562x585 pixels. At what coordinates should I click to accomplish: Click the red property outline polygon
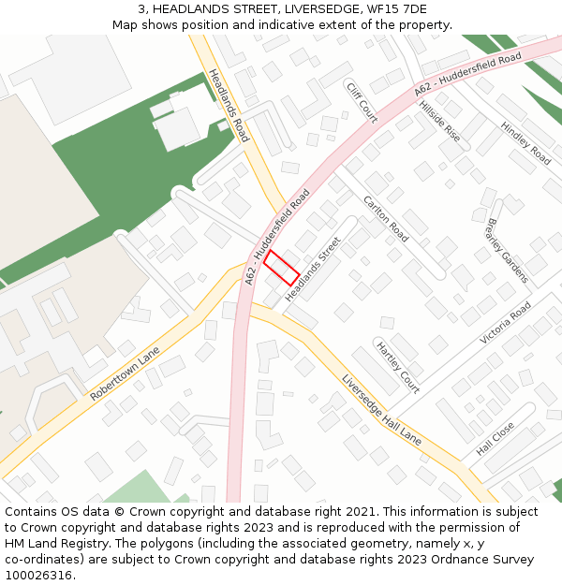tap(281, 268)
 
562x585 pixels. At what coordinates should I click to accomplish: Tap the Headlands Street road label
tap(314, 269)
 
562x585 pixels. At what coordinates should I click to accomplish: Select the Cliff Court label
tap(362, 102)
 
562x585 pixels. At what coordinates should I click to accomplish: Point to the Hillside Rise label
tap(439, 121)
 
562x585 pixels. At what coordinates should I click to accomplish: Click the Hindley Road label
tap(525, 142)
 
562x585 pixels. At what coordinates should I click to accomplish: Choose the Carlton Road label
tap(386, 219)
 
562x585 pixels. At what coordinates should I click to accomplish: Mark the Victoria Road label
tap(506, 323)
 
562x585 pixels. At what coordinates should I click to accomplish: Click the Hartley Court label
tap(397, 366)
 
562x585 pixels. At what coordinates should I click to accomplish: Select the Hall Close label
tap(495, 438)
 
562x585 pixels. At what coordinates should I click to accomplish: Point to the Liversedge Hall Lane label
tap(381, 410)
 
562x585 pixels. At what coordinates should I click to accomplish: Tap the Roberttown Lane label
tap(126, 374)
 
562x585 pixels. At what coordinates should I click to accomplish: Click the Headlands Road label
tap(229, 105)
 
